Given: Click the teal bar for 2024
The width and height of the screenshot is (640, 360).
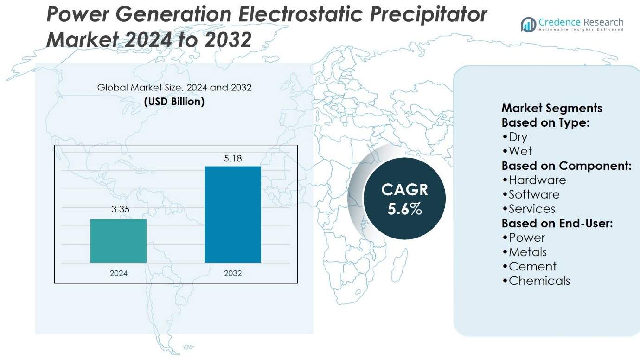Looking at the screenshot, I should tap(118, 241).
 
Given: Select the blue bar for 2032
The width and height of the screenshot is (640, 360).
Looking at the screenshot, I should tap(232, 214).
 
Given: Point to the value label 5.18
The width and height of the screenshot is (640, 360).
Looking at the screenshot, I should tap(233, 159).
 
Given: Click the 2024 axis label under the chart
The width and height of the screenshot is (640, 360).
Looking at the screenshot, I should tap(118, 273).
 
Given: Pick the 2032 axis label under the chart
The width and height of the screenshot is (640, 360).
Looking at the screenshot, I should tap(233, 273).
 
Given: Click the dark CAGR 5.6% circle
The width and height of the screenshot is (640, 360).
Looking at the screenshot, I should tap(404, 199).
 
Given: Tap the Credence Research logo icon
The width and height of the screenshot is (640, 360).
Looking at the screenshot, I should tap(528, 24).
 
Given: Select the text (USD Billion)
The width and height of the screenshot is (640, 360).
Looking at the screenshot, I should tap(174, 102).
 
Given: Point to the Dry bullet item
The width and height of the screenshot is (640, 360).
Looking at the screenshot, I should tap(518, 137).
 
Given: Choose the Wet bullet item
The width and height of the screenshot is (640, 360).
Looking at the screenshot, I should tap(520, 151).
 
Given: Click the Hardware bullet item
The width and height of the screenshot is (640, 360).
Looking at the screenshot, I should tap(537, 180).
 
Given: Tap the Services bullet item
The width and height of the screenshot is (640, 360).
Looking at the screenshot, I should tap(531, 209).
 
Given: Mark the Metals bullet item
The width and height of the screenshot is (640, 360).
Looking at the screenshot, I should tap(527, 252).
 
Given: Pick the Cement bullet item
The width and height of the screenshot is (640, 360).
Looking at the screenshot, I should tap(532, 266).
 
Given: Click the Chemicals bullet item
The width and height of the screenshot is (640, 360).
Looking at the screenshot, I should tap(539, 281).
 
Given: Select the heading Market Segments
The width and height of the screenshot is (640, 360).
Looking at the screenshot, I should tap(552, 108).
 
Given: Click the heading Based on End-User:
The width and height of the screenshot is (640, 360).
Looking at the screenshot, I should tap(557, 223).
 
